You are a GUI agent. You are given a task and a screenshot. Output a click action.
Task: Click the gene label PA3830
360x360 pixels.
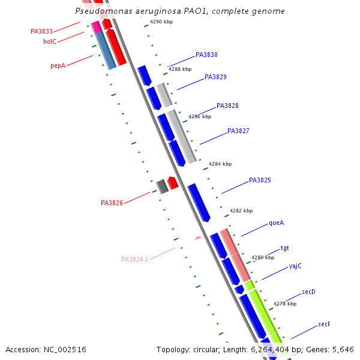point(206,55)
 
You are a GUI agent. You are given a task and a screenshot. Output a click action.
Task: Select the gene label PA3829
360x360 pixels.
point(215,77)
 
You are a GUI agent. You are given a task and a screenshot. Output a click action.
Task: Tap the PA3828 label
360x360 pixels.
point(227,106)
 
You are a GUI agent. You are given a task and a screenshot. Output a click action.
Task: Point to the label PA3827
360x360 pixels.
point(238,131)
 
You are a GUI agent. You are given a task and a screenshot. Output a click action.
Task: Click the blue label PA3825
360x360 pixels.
point(260,180)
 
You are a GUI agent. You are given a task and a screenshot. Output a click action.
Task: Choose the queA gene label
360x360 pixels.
point(276,223)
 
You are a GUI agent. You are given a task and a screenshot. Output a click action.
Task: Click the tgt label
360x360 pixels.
point(284,248)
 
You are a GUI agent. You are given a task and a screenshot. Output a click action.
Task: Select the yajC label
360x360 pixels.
point(295,266)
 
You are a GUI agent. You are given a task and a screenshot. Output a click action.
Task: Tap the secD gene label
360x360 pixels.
point(308,292)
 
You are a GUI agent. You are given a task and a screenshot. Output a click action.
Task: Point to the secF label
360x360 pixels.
point(324,324)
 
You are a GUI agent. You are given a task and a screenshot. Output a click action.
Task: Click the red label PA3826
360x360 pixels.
point(112,203)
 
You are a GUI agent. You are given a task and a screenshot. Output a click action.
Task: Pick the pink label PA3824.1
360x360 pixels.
point(134,259)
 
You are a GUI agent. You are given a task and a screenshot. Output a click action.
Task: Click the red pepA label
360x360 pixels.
point(58,66)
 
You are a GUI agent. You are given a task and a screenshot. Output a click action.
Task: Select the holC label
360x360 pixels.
point(50,41)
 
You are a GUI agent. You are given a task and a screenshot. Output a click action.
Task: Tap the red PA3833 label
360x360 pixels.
point(42,31)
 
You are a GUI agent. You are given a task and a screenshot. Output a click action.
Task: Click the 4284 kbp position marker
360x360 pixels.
point(220,164)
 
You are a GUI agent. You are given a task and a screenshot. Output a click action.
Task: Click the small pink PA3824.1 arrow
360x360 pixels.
point(197,238)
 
